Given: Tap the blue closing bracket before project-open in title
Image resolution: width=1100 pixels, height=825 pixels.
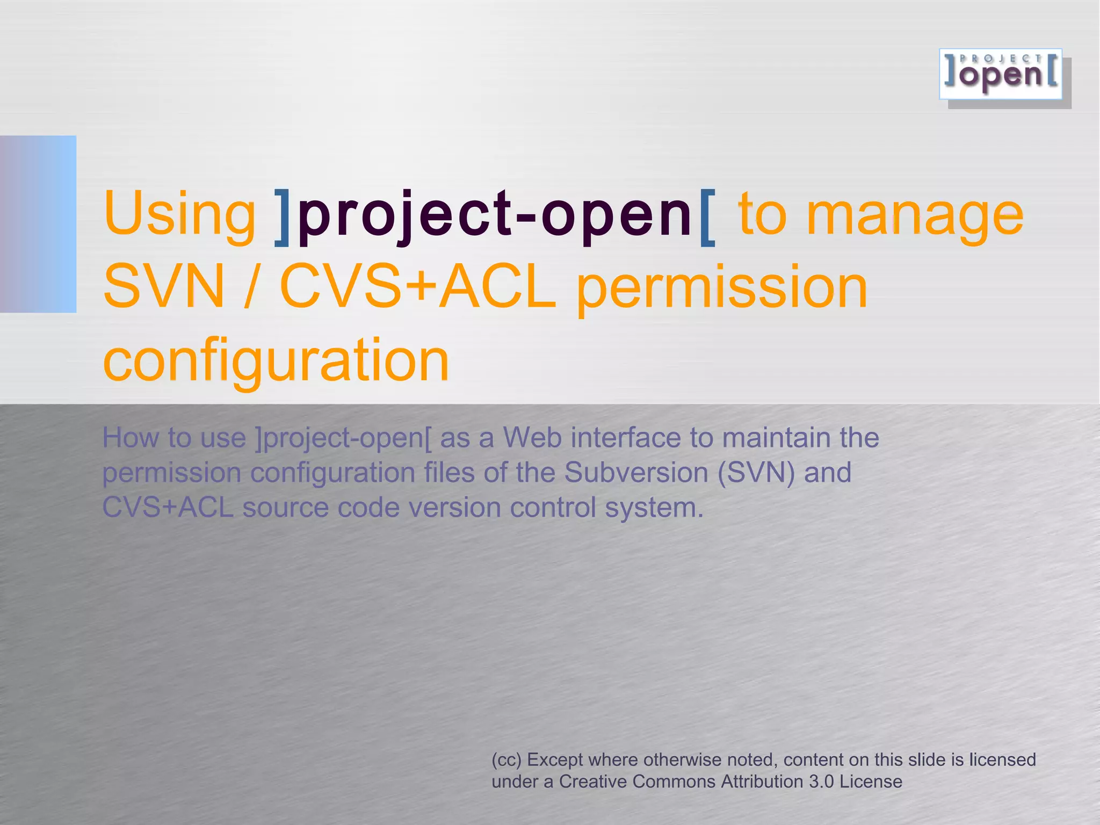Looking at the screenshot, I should tap(283, 218).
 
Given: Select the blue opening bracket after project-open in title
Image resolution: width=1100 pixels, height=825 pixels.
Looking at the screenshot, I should tap(708, 218).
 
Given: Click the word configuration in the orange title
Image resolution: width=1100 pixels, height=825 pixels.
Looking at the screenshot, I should tap(276, 361).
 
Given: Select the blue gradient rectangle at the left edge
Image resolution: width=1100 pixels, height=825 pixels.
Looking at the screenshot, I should tap(38, 224).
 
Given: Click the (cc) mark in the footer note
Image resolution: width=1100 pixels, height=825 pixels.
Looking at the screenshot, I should tap(506, 760).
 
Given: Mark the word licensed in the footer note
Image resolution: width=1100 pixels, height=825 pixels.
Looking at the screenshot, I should tap(1002, 760).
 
